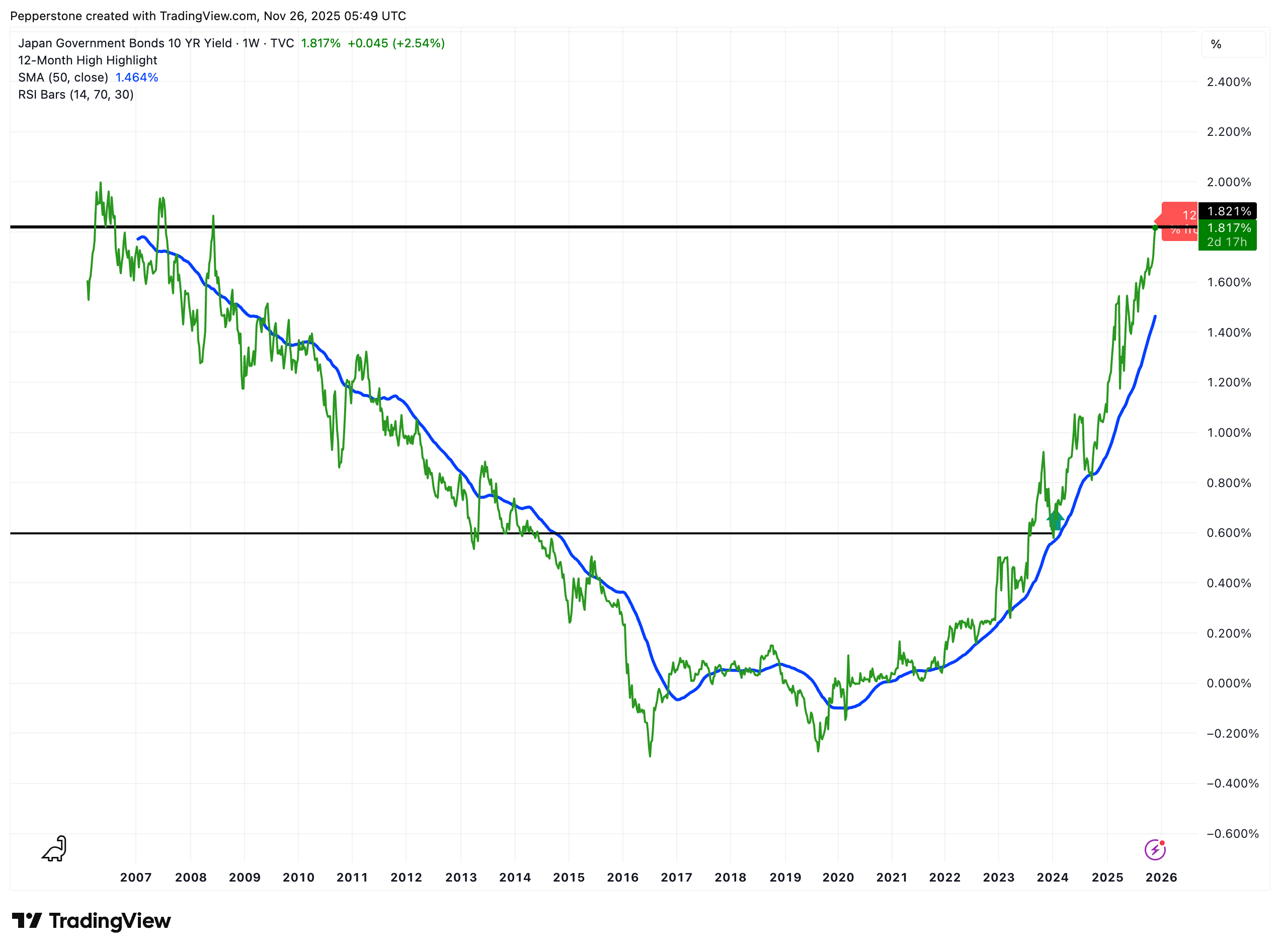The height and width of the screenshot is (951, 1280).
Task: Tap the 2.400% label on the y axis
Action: [1228, 82]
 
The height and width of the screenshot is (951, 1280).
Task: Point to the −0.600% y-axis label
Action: [1228, 834]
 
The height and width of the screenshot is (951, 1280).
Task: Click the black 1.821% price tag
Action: [1228, 211]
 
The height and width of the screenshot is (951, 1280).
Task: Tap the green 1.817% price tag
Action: [1228, 228]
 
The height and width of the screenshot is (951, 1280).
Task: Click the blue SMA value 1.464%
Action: [136, 77]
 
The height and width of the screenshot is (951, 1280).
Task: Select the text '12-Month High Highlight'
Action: [88, 60]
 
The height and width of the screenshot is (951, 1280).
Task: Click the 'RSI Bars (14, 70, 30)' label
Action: [75, 95]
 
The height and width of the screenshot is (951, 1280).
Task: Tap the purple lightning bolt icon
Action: [1155, 850]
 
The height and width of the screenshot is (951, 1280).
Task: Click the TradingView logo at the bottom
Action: [92, 921]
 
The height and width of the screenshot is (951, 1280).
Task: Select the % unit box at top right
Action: [1232, 44]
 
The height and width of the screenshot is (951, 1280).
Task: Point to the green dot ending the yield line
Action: [1155, 228]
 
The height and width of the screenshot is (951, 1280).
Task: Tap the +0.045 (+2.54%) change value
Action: [395, 43]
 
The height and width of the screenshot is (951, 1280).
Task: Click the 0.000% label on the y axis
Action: [1228, 683]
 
